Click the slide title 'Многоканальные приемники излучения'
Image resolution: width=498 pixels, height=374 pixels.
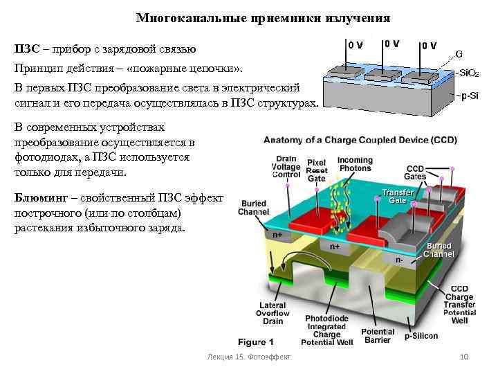pos(263,17)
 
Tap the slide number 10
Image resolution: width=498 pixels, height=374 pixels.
pos(464,356)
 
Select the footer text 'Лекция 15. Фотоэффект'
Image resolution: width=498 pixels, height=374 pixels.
pos(248,356)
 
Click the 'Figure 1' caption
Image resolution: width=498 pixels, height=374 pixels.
pos(256,341)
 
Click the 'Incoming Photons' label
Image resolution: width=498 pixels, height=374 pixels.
pos(355,165)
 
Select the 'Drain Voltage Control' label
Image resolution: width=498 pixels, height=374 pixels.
pos(286,167)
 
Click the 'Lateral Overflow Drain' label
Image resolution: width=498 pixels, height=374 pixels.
pos(273,314)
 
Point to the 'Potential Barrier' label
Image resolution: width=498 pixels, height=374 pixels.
pos(378,336)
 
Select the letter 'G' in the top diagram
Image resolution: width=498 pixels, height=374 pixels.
pos(459,53)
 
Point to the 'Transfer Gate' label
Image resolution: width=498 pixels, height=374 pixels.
pos(398,196)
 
